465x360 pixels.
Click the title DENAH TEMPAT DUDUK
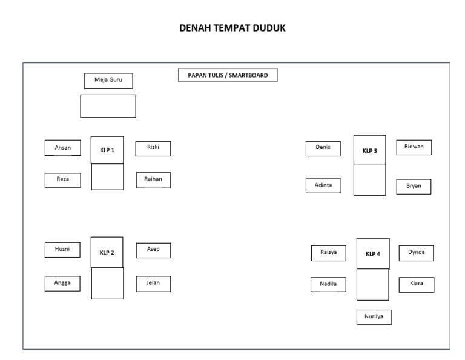232,28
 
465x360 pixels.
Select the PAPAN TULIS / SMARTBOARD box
228,75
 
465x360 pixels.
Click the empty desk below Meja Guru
108,106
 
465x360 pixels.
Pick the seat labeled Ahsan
62,148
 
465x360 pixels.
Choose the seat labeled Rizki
153,148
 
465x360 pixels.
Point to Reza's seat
62,180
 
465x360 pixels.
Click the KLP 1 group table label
107,150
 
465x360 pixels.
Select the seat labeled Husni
62,250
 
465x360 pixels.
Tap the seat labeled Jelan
153,284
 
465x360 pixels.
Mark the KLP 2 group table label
107,252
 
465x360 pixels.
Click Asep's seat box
153,250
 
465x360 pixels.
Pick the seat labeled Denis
323,148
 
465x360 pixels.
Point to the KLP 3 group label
369,150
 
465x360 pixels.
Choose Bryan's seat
414,187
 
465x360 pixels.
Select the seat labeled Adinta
323,185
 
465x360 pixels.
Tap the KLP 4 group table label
373,253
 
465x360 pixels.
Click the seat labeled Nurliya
374,317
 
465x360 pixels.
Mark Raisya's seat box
329,253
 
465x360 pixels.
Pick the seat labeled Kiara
416,284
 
